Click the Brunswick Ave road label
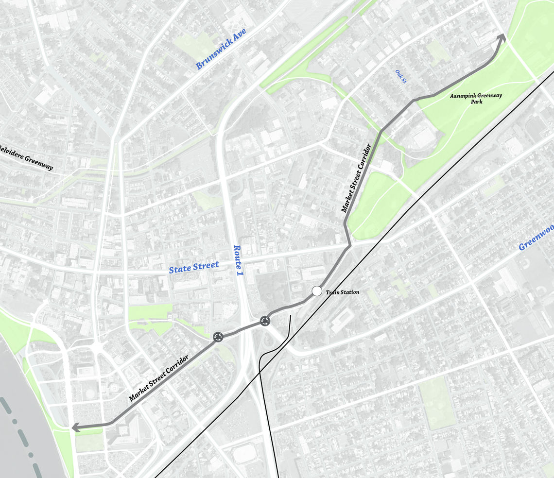click(221, 49)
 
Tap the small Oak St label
click(400, 76)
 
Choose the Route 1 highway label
click(239, 264)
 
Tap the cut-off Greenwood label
click(536, 238)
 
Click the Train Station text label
click(343, 292)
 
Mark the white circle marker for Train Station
click(317, 291)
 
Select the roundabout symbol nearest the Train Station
click(265, 321)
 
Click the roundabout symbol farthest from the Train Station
click(218, 337)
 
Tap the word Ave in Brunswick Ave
click(238, 37)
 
